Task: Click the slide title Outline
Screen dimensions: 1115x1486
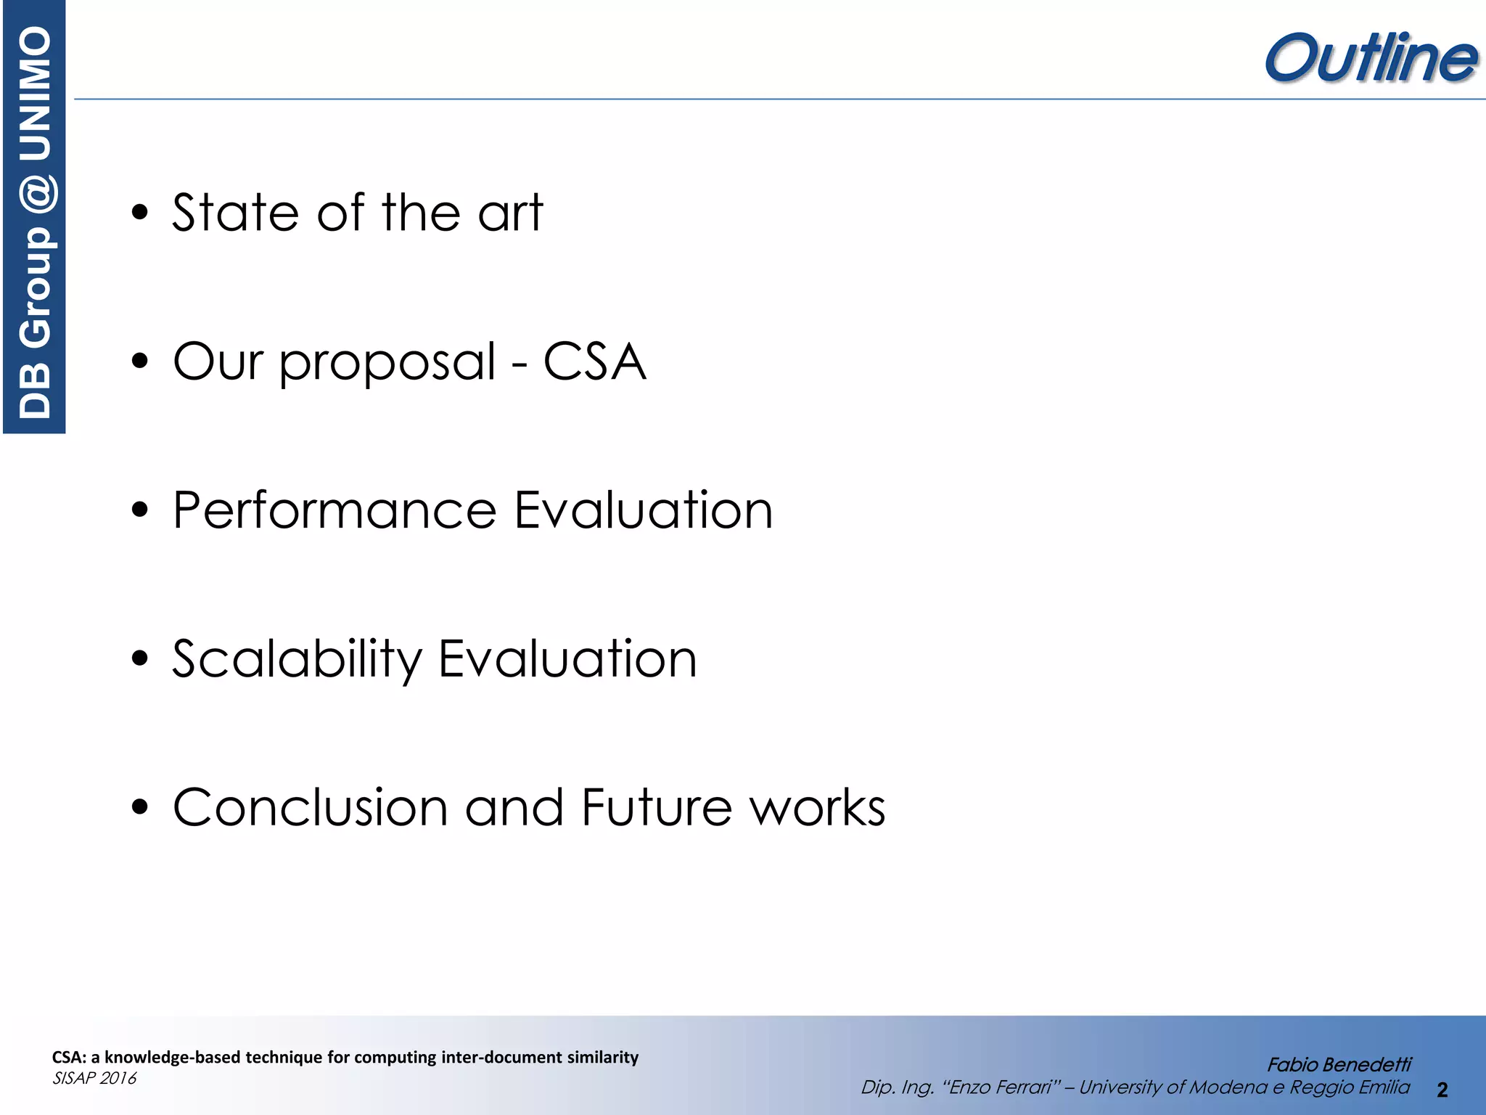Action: click(1370, 58)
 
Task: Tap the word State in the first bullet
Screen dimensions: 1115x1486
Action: click(235, 213)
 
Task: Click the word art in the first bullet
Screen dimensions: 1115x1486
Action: click(510, 213)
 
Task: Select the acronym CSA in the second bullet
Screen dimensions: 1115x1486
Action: click(594, 362)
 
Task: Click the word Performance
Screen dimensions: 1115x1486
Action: click(334, 510)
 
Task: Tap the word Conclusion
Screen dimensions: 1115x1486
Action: click(311, 807)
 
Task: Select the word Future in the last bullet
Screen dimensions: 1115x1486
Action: click(657, 807)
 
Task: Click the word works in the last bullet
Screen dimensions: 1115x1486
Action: click(818, 807)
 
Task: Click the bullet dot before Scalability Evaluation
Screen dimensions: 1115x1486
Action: click(140, 659)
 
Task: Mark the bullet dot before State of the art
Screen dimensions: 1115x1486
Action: click(140, 213)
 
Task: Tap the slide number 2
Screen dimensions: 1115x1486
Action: click(1442, 1090)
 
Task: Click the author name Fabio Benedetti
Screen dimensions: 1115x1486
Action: click(1339, 1065)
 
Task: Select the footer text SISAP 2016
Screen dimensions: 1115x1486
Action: click(94, 1078)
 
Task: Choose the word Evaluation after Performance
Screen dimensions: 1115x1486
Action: click(644, 510)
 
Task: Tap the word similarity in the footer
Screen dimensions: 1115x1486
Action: click(602, 1057)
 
